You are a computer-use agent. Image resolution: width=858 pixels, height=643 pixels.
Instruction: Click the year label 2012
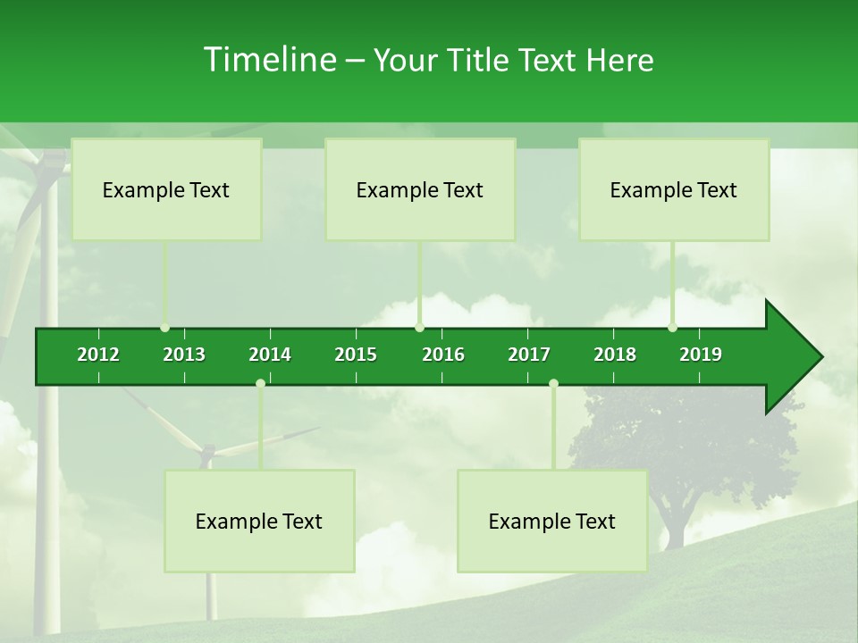[x=98, y=355]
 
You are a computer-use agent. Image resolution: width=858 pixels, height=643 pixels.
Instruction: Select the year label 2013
[x=184, y=355]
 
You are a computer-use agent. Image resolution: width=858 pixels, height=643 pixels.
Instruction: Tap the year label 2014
[x=270, y=355]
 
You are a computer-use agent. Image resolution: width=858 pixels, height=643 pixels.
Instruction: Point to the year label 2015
[x=356, y=355]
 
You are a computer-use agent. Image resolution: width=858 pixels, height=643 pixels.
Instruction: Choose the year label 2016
[x=443, y=355]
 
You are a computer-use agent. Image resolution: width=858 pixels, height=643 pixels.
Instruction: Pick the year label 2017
[x=529, y=355]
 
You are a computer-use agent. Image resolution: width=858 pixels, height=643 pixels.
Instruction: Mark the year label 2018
[x=615, y=355]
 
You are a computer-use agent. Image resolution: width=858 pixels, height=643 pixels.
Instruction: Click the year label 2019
[x=701, y=355]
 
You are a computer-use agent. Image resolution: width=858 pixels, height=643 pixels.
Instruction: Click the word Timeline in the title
[x=269, y=60]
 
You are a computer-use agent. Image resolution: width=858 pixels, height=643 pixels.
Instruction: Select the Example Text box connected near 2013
[x=166, y=189]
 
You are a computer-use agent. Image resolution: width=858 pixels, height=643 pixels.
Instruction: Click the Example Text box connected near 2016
[x=420, y=189]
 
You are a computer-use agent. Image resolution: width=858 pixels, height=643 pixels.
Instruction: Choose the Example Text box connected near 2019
[x=674, y=189]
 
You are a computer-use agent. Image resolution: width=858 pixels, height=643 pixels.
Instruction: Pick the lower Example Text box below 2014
[x=259, y=521]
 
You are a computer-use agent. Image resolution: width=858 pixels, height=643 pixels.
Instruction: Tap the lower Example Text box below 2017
[x=552, y=521]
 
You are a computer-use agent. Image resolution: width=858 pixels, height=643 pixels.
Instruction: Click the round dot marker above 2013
[x=165, y=328]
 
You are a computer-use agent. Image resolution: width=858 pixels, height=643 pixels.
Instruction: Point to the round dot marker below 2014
[x=260, y=383]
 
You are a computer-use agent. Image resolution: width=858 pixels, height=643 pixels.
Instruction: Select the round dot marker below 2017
[x=553, y=383]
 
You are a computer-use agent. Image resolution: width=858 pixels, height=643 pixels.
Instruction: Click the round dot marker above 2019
[x=673, y=328]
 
